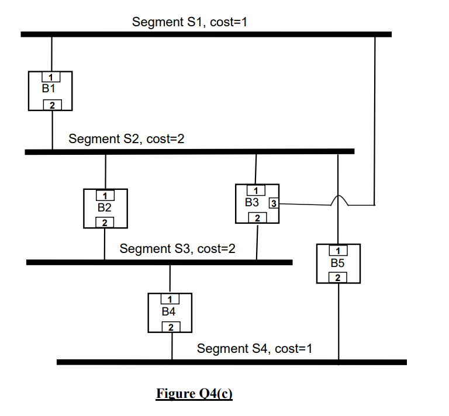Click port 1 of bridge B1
51,77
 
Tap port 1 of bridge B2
105,195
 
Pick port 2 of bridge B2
105,223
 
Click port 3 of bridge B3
274,204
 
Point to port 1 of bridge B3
255,190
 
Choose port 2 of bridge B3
257,218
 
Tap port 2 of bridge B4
171,327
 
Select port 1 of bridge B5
339,250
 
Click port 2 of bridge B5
338,278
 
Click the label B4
169,312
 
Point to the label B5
337,264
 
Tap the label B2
104,207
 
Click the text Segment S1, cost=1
191,22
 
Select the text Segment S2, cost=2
126,139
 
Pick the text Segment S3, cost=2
177,249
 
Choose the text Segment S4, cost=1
254,349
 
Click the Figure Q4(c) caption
194,394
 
